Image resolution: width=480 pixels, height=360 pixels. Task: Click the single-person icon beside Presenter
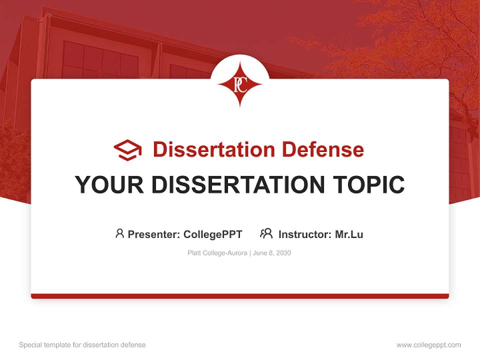tap(119, 233)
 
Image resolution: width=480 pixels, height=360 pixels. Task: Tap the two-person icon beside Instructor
tap(266, 233)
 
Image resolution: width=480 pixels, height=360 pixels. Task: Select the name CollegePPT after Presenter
tap(213, 234)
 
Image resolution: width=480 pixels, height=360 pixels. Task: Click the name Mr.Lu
tap(349, 234)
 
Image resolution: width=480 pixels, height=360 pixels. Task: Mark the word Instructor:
tap(305, 234)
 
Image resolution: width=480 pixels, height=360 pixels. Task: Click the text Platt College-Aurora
tap(217, 253)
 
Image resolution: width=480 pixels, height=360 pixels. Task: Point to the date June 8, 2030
tap(272, 253)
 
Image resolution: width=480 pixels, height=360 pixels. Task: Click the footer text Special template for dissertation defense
tap(82, 345)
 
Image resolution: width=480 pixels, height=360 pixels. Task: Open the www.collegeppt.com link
tap(428, 345)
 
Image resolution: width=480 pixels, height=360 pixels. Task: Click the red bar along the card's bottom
tap(240, 296)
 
